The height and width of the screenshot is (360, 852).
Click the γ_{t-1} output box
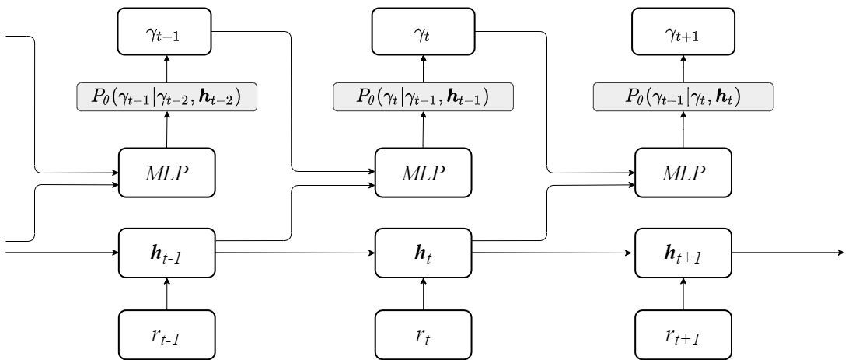click(x=165, y=32)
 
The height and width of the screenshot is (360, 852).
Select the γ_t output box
click(x=424, y=32)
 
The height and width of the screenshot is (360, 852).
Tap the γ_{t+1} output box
click(x=683, y=32)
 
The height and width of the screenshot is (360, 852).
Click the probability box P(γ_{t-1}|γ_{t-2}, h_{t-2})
click(x=166, y=96)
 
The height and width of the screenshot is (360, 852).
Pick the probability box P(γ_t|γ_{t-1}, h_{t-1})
click(x=424, y=96)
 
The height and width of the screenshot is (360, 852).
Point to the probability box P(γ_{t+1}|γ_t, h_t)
click(x=683, y=96)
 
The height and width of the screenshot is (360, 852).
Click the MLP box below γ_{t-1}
click(x=167, y=173)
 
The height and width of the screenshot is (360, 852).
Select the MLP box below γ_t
click(x=424, y=173)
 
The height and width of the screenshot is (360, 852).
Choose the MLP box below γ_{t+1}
click(x=683, y=173)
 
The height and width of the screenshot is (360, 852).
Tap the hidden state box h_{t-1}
click(x=167, y=253)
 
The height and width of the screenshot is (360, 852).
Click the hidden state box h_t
click(x=424, y=253)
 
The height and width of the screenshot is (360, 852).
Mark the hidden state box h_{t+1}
click(x=683, y=253)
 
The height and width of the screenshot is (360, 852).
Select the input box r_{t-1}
click(x=167, y=335)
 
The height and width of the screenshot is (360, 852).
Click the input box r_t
click(x=424, y=335)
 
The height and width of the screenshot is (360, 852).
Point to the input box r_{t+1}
click(x=683, y=335)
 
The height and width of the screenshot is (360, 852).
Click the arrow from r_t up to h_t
click(x=424, y=294)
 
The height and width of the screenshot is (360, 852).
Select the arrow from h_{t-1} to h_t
click(x=295, y=253)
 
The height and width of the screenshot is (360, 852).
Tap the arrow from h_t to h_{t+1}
click(x=553, y=253)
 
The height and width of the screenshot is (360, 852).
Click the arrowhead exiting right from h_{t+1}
click(x=842, y=253)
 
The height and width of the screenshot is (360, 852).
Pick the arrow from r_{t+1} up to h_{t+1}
click(x=683, y=294)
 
